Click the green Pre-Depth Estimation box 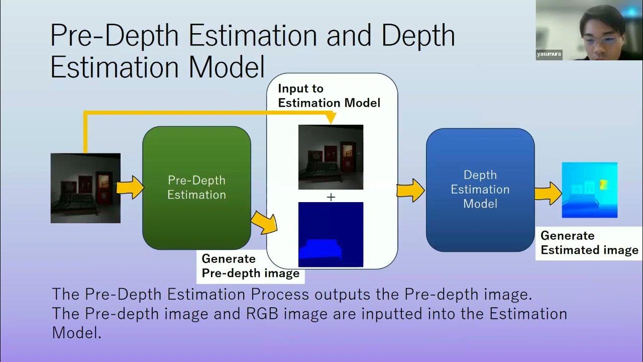pos(196,188)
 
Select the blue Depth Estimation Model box pos(480,190)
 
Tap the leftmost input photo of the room pos(85,188)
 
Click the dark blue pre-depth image pos(331,234)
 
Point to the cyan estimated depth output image pos(589,190)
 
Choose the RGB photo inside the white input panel pos(331,157)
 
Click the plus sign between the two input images pos(331,198)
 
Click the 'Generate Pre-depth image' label pos(250,266)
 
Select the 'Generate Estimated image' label pos(589,243)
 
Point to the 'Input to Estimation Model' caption pos(329,96)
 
